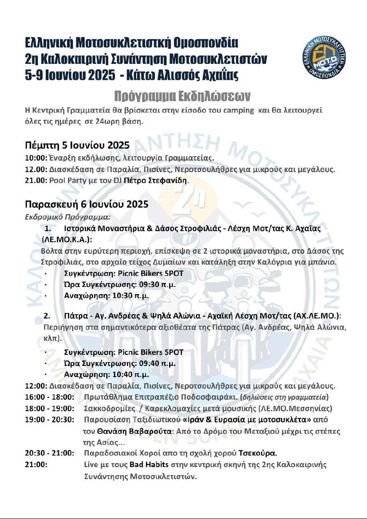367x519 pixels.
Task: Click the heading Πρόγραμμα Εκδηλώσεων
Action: tap(182, 96)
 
